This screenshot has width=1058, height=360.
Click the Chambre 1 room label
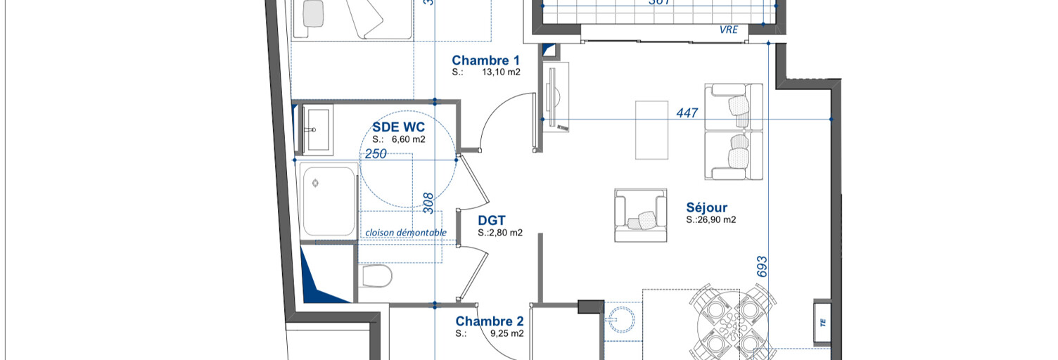point(485,60)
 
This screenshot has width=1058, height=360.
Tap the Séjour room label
point(706,207)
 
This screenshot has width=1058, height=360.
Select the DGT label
point(492,220)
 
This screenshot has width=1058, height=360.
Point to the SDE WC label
point(399,127)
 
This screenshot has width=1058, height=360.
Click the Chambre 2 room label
point(489,321)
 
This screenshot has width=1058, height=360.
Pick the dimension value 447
point(687,112)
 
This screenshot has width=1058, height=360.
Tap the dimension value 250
point(376,154)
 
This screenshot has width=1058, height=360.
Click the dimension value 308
point(428,202)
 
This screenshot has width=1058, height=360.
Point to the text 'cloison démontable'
point(405,233)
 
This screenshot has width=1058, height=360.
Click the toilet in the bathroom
point(375,276)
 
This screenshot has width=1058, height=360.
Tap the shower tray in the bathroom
point(329,200)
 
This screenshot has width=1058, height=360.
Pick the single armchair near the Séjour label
point(640,215)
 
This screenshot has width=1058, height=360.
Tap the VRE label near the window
point(729,30)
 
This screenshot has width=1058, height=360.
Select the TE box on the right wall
point(822,323)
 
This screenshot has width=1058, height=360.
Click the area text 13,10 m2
point(501,72)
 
